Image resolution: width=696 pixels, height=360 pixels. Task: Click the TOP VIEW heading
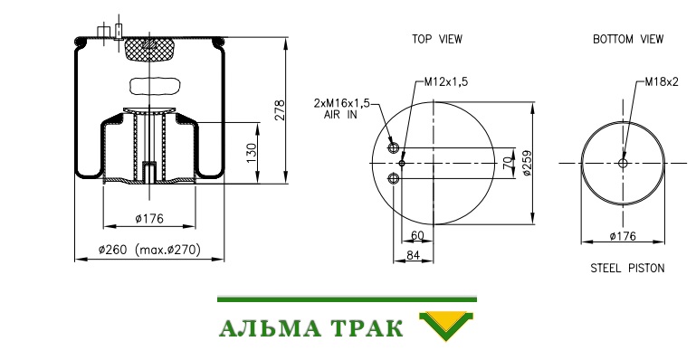[x=437, y=39]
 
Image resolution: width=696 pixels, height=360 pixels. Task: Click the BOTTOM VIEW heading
[x=628, y=39]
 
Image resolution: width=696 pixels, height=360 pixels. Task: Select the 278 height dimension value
[x=279, y=110]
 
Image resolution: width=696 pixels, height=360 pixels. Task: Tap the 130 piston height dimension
[x=252, y=153]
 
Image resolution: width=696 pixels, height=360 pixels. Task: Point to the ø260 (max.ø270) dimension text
[x=149, y=250]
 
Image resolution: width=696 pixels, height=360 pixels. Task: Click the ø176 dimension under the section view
[x=149, y=219]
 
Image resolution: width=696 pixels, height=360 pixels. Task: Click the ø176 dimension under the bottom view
[x=623, y=236]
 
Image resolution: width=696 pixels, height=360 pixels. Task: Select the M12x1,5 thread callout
[x=446, y=81]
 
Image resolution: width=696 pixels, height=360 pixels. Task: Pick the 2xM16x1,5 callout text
[x=342, y=103]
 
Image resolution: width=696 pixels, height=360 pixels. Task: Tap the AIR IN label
[x=340, y=115]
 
